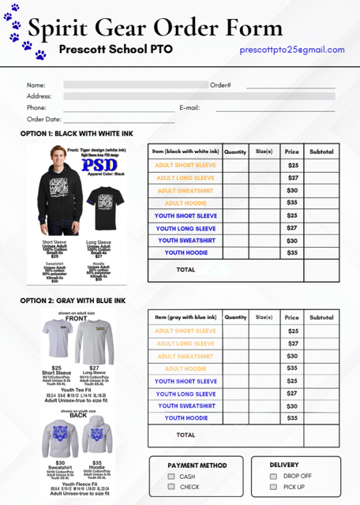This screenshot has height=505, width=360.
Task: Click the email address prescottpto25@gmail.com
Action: click(292, 50)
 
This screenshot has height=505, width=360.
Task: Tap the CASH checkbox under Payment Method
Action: click(171, 477)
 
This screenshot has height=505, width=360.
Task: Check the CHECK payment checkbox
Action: click(171, 487)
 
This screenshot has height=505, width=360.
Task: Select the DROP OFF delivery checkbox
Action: click(273, 477)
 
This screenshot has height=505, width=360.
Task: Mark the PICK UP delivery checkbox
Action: click(273, 487)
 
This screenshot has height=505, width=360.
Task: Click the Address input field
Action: click(197, 96)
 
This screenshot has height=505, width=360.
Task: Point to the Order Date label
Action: click(43, 119)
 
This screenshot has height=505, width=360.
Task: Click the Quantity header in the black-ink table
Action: click(235, 151)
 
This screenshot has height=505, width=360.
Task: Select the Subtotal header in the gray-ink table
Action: click(321, 317)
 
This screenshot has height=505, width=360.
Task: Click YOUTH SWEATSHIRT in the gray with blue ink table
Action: click(186, 406)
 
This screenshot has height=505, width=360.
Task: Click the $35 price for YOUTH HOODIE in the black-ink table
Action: click(292, 252)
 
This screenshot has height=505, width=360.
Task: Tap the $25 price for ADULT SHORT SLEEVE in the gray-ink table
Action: click(292, 331)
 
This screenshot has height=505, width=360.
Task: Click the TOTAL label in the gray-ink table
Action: click(186, 435)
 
